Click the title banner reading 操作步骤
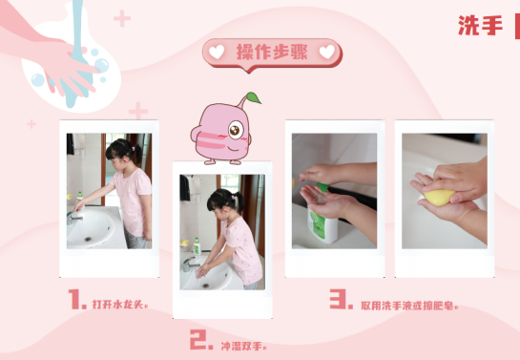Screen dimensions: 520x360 [x=272, y=54]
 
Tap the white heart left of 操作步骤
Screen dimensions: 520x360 [x=217, y=53]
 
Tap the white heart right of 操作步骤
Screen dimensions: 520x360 [x=327, y=53]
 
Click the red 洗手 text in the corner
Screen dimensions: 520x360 [x=480, y=26]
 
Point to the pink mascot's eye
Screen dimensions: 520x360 [x=236, y=130]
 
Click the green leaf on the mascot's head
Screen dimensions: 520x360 [x=254, y=98]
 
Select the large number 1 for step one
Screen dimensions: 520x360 [x=77, y=299]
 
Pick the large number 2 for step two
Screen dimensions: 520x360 [x=201, y=339]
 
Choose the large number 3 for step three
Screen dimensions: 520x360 [x=341, y=299]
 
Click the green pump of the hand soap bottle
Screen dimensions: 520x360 [x=322, y=187]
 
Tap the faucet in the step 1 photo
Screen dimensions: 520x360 [x=74, y=219]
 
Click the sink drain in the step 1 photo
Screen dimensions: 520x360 [x=88, y=239]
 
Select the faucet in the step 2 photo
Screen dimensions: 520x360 [x=190, y=265]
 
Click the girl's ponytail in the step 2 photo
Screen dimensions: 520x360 [x=238, y=201]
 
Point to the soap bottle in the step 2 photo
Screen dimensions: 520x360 [x=197, y=246]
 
